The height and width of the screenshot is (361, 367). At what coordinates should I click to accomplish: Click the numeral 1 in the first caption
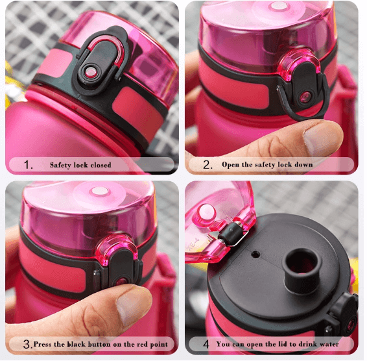pyautogui.click(x=28, y=165)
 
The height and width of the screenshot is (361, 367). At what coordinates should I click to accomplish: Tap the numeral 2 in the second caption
pyautogui.click(x=207, y=164)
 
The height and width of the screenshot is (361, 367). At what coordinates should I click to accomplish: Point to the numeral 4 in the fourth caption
pyautogui.click(x=206, y=344)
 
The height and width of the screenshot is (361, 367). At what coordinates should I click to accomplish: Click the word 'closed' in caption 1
pyautogui.click(x=101, y=165)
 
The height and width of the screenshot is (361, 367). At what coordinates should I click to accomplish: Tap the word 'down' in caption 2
pyautogui.click(x=303, y=164)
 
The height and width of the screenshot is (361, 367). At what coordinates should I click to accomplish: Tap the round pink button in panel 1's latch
pyautogui.click(x=90, y=71)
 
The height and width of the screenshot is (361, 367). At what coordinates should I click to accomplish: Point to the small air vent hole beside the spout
pyautogui.click(x=255, y=254)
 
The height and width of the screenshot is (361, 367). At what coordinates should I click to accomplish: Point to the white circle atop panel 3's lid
pyautogui.click(x=100, y=191)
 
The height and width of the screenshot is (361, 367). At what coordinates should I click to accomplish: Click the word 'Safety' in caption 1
pyautogui.click(x=60, y=165)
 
